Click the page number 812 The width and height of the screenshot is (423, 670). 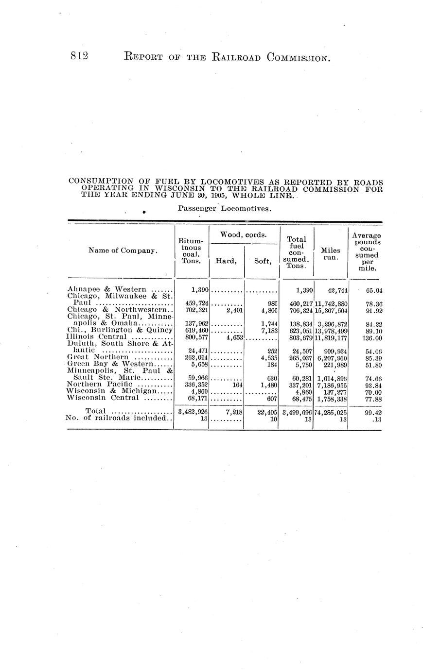tap(78, 57)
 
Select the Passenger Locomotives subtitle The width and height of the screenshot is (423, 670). tap(224, 209)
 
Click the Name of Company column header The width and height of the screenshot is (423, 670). tap(123, 251)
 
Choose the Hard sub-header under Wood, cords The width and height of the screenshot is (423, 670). tap(226, 261)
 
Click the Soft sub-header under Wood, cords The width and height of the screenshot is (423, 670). tap(262, 261)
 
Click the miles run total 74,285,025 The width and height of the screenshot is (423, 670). tap(331, 412)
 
